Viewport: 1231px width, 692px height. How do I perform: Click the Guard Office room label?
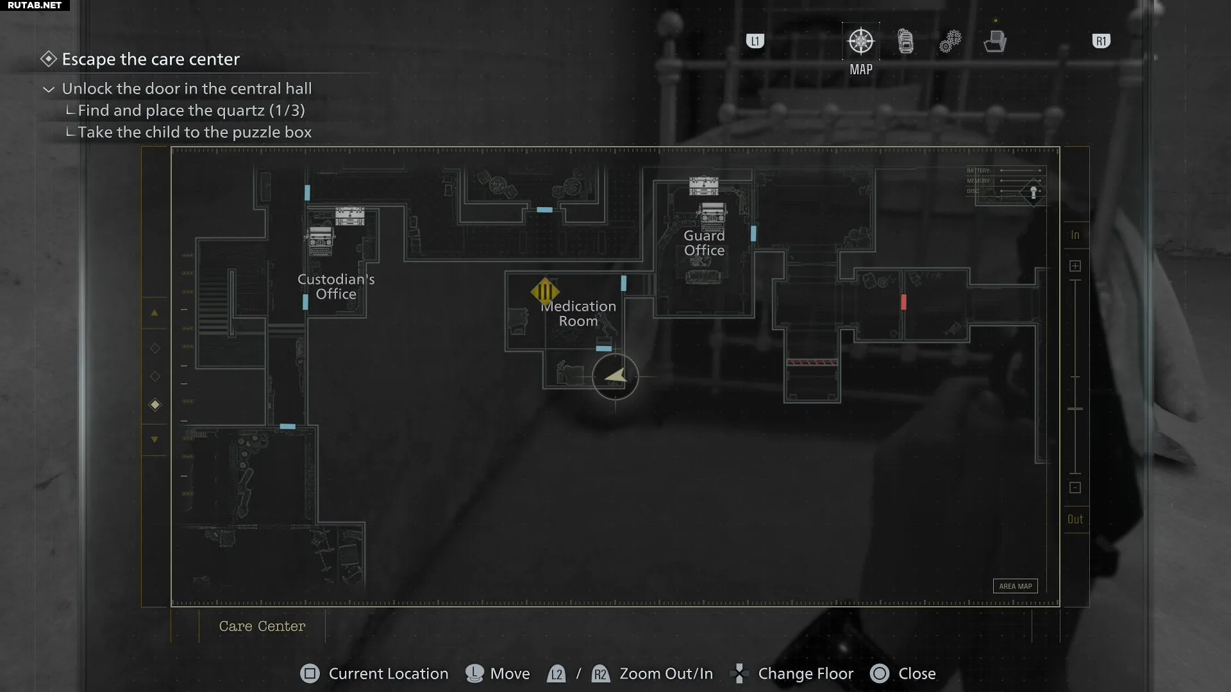click(x=704, y=243)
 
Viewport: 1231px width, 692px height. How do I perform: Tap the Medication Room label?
click(x=578, y=314)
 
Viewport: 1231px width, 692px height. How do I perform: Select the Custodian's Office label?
click(x=336, y=287)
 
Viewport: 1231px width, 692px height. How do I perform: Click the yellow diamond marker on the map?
click(x=545, y=292)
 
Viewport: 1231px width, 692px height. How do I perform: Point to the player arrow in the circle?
click(x=615, y=376)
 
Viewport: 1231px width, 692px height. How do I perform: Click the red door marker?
click(x=903, y=302)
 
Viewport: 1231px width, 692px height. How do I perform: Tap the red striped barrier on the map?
click(x=812, y=363)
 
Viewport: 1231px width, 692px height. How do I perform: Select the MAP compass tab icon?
click(x=860, y=42)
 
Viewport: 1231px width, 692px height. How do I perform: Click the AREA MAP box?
click(x=1015, y=586)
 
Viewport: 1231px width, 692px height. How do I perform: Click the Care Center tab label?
click(x=262, y=626)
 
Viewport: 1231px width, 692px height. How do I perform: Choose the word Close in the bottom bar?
click(x=917, y=674)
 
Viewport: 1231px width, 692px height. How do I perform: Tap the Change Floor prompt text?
click(x=805, y=674)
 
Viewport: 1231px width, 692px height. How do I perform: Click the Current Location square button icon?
click(x=310, y=674)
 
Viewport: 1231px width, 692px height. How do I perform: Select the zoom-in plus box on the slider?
click(x=1075, y=266)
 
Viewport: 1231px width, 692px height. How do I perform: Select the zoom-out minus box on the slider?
click(x=1075, y=488)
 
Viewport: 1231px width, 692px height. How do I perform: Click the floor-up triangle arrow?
click(x=155, y=313)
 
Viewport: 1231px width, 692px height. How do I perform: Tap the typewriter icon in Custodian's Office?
click(x=321, y=241)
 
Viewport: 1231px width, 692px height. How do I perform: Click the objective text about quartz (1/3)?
click(x=191, y=110)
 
